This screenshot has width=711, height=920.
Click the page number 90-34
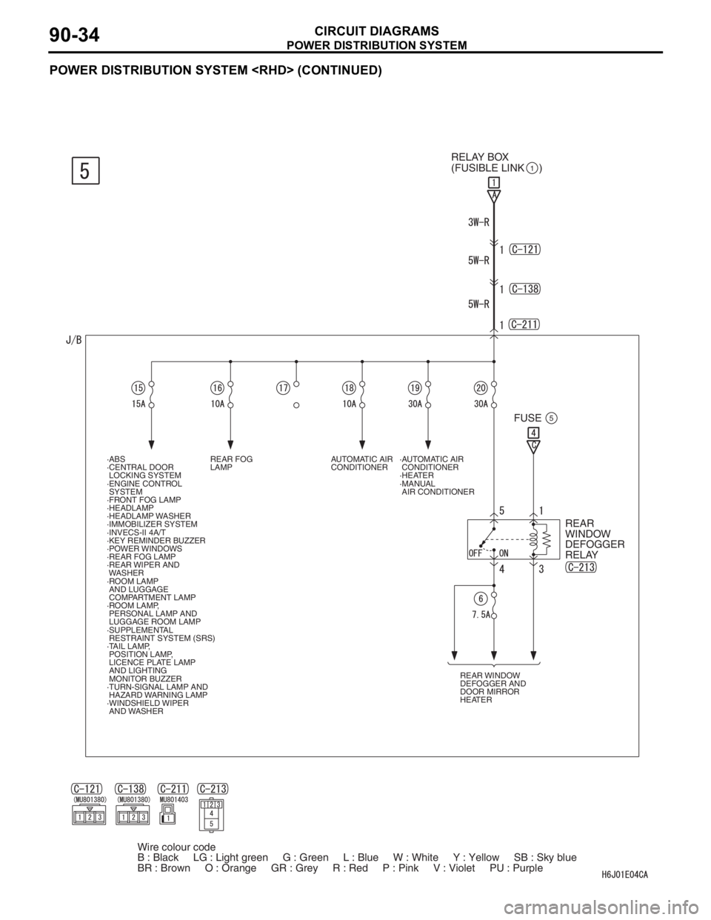tap(74, 34)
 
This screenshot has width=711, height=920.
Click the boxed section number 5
tap(85, 170)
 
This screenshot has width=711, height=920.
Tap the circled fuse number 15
tap(138, 388)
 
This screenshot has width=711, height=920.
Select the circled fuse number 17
tap(283, 388)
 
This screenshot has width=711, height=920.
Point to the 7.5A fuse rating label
tap(481, 615)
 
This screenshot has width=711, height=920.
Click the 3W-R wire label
tap(478, 222)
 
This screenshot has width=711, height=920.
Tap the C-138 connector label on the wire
tap(525, 289)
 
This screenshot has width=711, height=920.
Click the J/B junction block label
tap(73, 340)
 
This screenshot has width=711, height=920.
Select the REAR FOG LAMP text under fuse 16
tap(231, 463)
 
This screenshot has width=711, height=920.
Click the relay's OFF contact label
tap(476, 553)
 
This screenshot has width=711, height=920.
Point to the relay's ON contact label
tap(504, 553)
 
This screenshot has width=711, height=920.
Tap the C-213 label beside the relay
tap(581, 567)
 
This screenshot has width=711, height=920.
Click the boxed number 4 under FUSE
tap(533, 433)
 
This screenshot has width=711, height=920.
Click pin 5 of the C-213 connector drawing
tap(211, 824)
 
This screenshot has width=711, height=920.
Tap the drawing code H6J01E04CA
tap(625, 875)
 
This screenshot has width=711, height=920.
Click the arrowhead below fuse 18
tap(362, 444)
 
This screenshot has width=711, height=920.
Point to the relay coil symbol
tap(533, 539)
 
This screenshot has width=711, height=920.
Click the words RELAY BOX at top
tap(480, 157)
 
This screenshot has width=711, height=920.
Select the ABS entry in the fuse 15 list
tap(117, 459)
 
